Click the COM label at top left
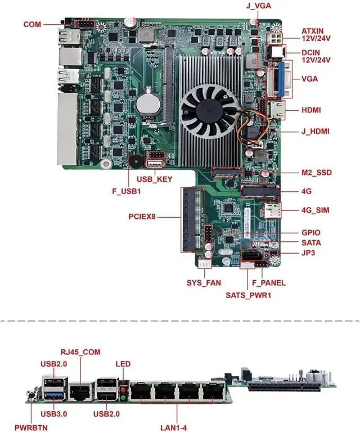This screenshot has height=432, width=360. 33,24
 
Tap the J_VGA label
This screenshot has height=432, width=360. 258,7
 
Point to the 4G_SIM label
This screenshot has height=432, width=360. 315,210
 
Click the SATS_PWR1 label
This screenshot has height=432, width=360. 248,294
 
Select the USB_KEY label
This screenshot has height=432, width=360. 155,179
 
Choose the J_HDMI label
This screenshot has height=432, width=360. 315,131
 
